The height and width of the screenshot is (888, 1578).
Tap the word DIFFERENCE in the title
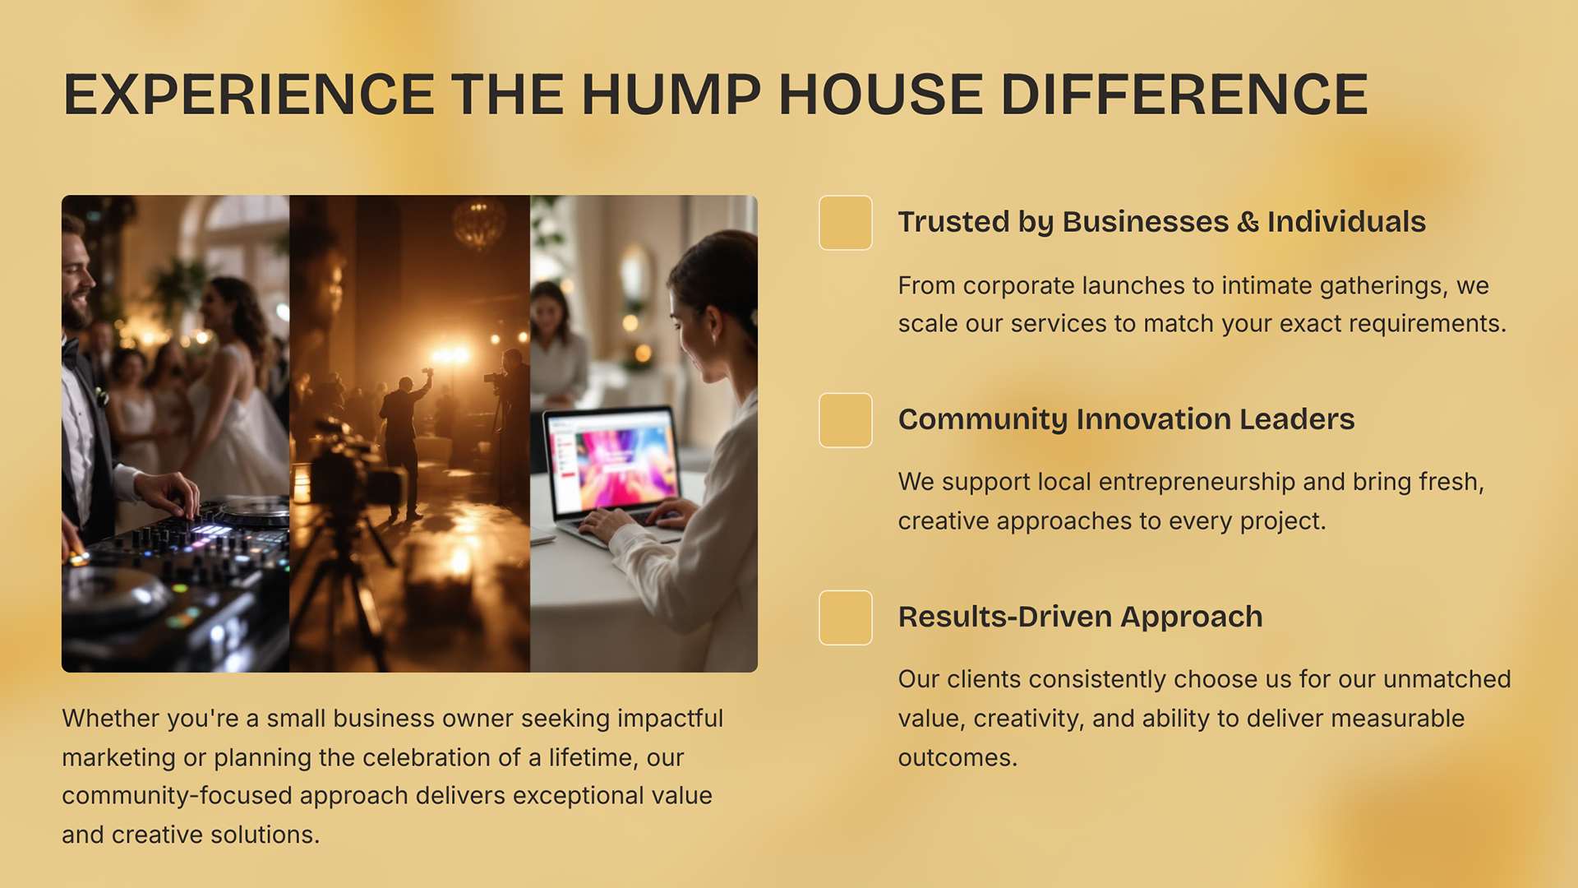coord(1184,95)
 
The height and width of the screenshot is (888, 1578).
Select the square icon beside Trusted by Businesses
coord(845,222)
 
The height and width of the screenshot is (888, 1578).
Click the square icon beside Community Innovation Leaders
coord(845,420)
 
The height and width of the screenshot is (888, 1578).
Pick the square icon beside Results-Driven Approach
coord(845,617)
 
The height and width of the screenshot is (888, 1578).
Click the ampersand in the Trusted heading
coord(1248,222)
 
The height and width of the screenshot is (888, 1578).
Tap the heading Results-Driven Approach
coord(1080,617)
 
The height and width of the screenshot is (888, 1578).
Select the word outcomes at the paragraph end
coord(957,758)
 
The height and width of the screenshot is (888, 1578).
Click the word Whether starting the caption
coord(109,719)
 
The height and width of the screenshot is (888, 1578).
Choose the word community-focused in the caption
coord(177,796)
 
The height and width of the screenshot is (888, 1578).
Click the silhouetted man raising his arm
coord(404,444)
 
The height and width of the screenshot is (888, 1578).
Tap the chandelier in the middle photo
coord(478,223)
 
